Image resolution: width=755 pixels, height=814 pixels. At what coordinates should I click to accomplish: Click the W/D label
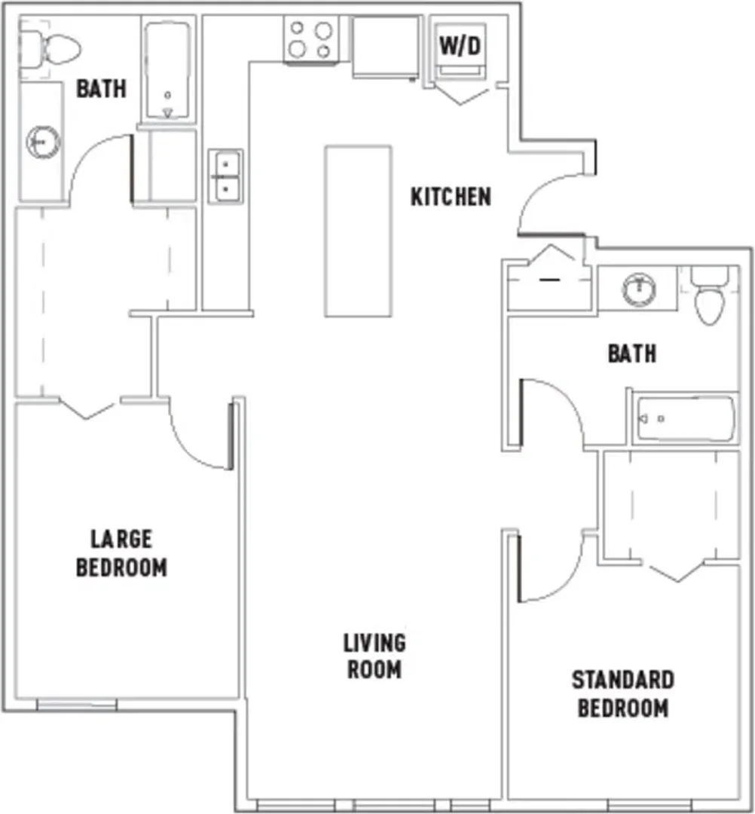click(x=460, y=46)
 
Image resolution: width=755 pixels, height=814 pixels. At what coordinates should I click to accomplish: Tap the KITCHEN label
click(x=451, y=197)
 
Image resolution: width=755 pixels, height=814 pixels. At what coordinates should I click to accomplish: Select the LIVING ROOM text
click(x=374, y=656)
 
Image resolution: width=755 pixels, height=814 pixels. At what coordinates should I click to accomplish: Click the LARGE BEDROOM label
click(x=121, y=553)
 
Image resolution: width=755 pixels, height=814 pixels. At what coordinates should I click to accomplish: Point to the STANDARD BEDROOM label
click(x=623, y=694)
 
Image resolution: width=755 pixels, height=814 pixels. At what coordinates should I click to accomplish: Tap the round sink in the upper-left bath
click(x=44, y=141)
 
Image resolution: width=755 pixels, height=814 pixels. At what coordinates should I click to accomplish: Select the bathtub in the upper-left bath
click(x=167, y=71)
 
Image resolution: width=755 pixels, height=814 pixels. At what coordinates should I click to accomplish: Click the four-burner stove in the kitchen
click(x=311, y=39)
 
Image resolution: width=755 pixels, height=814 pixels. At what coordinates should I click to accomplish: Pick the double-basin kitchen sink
click(x=226, y=176)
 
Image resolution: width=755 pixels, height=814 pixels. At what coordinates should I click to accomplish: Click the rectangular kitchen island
click(x=358, y=231)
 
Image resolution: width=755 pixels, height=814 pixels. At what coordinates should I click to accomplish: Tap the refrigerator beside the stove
click(x=386, y=47)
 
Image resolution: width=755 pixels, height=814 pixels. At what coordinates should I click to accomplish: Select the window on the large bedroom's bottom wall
click(x=77, y=705)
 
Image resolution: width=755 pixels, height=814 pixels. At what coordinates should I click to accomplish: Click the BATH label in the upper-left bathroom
click(x=101, y=88)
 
